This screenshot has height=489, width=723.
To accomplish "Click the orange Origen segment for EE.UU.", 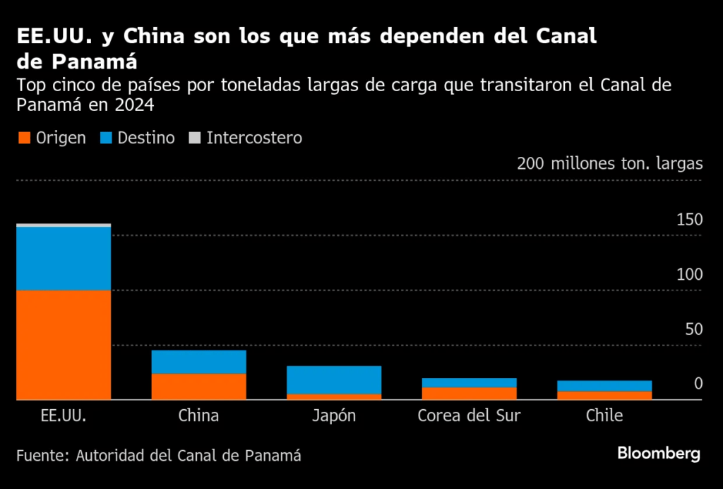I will pyautogui.click(x=64, y=345).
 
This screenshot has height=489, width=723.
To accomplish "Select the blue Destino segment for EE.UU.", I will pyautogui.click(x=64, y=259).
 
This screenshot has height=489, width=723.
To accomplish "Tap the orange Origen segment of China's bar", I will pyautogui.click(x=198, y=387).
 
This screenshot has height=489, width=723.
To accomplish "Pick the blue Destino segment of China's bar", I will pyautogui.click(x=198, y=362).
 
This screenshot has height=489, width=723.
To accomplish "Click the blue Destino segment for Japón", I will pyautogui.click(x=334, y=380).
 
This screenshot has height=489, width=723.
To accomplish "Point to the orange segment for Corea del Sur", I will pyautogui.click(x=469, y=394).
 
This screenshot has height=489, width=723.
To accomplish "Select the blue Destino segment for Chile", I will pyautogui.click(x=604, y=386).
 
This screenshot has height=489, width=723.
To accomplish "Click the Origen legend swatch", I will pyautogui.click(x=23, y=138).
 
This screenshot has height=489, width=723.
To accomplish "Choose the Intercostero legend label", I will pyautogui.click(x=254, y=138).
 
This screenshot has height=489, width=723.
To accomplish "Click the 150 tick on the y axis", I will pyautogui.click(x=689, y=220).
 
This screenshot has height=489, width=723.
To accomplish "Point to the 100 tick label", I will pyautogui.click(x=689, y=274).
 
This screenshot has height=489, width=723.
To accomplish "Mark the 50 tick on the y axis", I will pyautogui.click(x=693, y=329).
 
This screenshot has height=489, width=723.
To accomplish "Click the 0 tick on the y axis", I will pyautogui.click(x=698, y=384).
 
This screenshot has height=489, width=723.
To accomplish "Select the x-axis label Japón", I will pyautogui.click(x=334, y=416).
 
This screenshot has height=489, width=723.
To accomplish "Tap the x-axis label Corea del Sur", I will pyautogui.click(x=469, y=416).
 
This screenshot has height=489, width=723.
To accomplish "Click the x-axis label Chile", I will pyautogui.click(x=604, y=416).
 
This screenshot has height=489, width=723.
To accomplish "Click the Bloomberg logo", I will pyautogui.click(x=659, y=454).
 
